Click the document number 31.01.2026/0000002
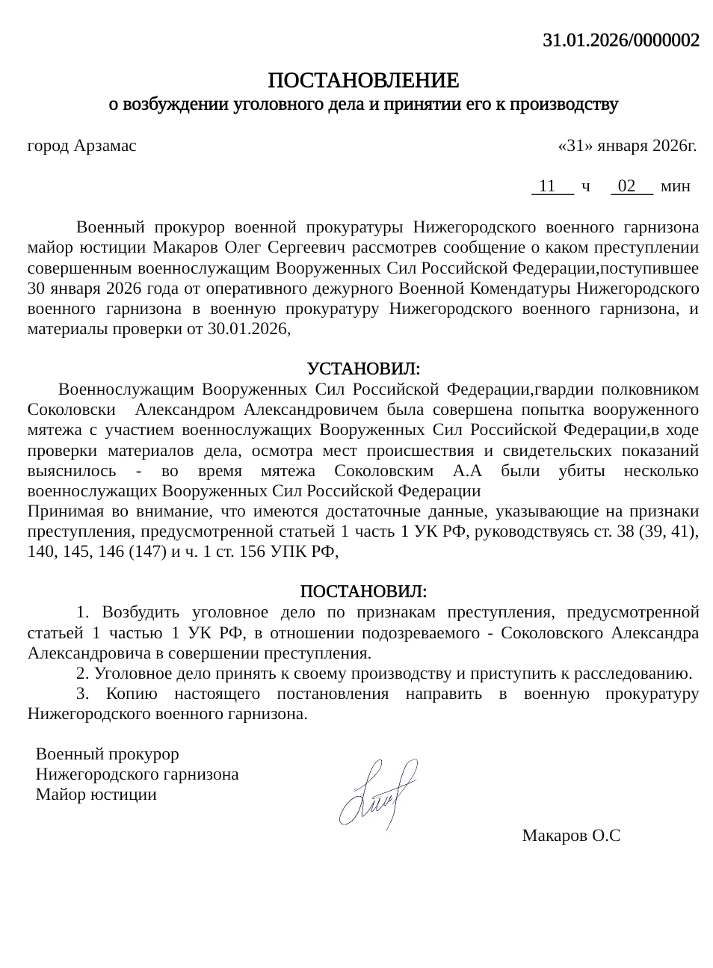[x=620, y=40]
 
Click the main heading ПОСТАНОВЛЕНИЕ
[x=363, y=80]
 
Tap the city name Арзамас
[x=105, y=146]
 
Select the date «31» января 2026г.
[x=627, y=146]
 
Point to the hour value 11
[x=547, y=186]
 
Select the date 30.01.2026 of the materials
[x=248, y=328]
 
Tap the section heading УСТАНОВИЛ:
[x=363, y=369]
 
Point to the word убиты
[x=581, y=471]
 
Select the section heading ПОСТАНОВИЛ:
[x=363, y=592]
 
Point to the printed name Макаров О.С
[x=571, y=836]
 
